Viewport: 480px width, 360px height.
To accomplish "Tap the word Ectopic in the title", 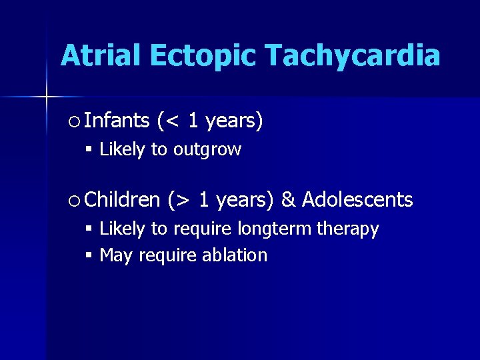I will (211, 56).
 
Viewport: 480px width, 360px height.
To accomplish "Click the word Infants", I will (117, 121).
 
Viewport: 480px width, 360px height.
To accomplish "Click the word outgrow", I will (207, 150).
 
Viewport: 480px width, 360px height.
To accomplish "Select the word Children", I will (123, 199).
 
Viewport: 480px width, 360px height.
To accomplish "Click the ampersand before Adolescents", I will (288, 199).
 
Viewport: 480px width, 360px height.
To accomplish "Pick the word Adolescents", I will (357, 199).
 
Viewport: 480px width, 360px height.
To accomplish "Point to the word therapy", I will (347, 229).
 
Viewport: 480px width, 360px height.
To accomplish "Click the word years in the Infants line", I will (234, 121).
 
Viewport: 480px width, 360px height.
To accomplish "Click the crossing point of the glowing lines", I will (47, 97).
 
